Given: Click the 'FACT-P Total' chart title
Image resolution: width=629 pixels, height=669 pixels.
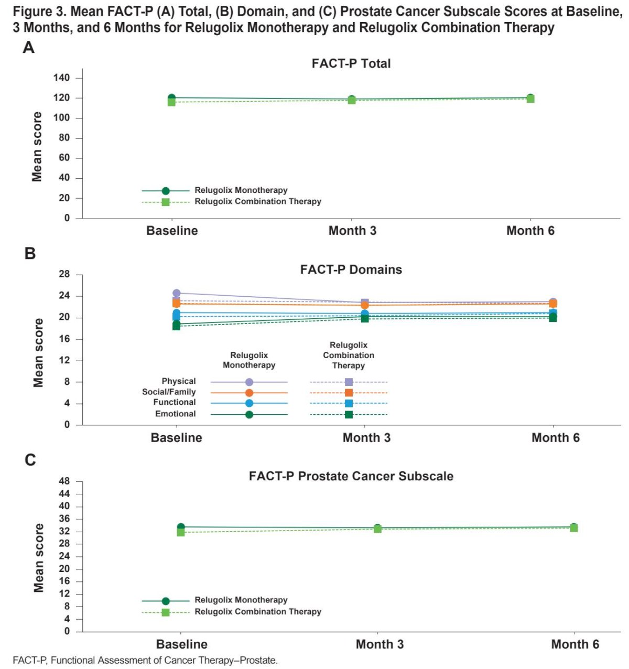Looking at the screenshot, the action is tap(351, 63).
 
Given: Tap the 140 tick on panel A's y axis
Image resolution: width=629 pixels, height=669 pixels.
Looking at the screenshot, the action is tap(61, 78).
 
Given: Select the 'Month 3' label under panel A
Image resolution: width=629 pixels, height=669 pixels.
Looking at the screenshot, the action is tap(352, 231).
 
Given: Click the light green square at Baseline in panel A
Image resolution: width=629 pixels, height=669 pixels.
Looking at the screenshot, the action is tap(171, 102).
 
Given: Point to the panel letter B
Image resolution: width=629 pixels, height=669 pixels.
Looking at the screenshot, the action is tap(30, 253).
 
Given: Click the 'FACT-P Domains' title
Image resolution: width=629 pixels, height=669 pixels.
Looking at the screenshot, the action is tap(351, 269).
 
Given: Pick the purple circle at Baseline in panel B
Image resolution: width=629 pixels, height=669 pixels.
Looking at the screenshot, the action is tap(176, 293).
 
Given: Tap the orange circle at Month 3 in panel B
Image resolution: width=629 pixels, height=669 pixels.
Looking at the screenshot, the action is tap(365, 305).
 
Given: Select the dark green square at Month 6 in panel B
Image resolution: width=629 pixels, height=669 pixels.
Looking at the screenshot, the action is tap(553, 318).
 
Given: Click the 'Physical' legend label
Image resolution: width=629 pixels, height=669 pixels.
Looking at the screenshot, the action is tap(179, 381).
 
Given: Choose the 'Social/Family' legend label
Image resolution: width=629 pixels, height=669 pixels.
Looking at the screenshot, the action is tap(169, 392).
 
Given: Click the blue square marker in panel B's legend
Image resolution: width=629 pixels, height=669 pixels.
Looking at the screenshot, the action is tap(349, 403).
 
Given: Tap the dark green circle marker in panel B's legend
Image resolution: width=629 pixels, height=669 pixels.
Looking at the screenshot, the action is tap(249, 414).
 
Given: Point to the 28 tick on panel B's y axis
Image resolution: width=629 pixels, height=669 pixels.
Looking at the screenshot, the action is tap(64, 275).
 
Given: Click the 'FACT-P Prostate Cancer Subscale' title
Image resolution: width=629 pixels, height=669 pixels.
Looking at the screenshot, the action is tap(351, 476).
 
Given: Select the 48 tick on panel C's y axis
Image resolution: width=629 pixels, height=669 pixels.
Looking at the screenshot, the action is tap(64, 481).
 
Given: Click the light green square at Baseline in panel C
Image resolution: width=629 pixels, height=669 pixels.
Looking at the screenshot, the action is tap(181, 532).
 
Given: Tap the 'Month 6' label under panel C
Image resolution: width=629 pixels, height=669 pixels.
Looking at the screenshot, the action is tap(575, 644).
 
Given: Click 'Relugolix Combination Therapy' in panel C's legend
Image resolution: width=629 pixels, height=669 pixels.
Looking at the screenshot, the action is tap(258, 611).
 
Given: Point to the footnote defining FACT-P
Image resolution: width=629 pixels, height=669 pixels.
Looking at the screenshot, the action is tap(145, 660).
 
